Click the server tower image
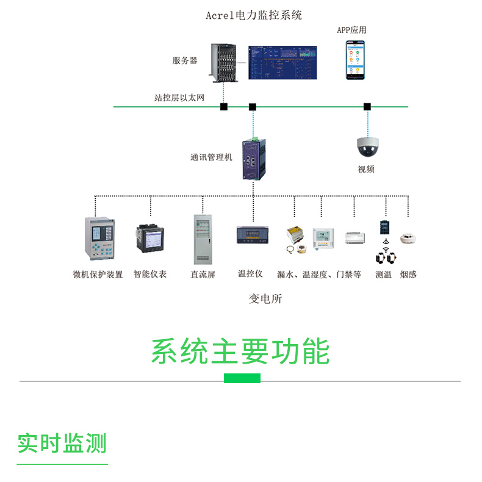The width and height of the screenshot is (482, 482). tap(223, 62)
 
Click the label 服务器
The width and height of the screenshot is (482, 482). tap(184, 60)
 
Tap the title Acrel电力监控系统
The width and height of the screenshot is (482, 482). tap(254, 15)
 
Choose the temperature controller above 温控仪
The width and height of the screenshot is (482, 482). tap(250, 236)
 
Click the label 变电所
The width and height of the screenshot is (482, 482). tap(265, 299)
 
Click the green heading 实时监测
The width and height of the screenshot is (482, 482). tap(62, 443)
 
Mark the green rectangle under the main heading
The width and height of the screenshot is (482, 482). tap(242, 378)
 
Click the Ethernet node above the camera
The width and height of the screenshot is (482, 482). tap(367, 107)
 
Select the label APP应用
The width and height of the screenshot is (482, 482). tap(352, 30)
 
